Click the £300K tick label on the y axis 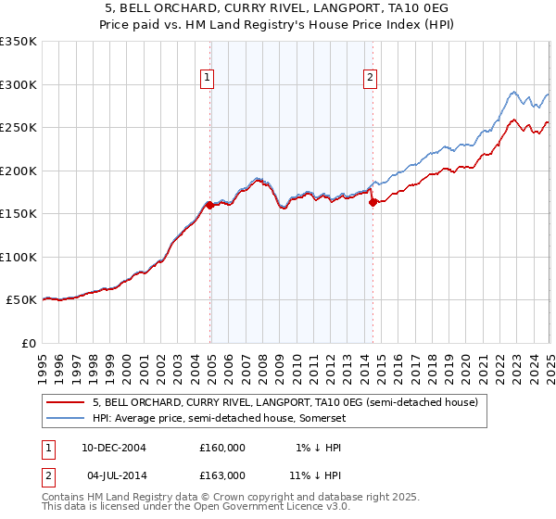19,84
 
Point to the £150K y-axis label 19,214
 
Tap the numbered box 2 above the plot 370,78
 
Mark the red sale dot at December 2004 210,206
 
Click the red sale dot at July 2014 373,203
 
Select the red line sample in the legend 66,403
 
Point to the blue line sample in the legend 66,418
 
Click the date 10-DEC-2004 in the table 114,448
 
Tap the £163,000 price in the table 222,475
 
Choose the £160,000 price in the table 222,448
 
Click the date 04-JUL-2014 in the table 114,475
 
